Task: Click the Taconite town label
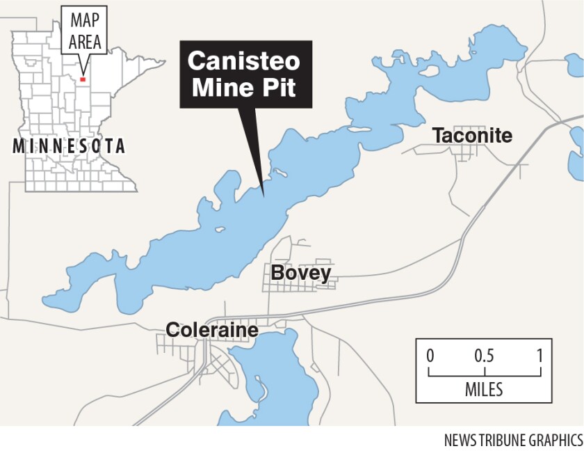pyautogui.click(x=472, y=136)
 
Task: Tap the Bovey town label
pyautogui.click(x=300, y=273)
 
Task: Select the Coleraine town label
pyautogui.click(x=211, y=329)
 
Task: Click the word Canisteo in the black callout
pyautogui.click(x=244, y=62)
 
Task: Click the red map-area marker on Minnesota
pyautogui.click(x=83, y=79)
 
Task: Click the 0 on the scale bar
pyautogui.click(x=430, y=355)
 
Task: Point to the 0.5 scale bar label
pyautogui.click(x=485, y=355)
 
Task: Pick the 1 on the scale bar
pyautogui.click(x=540, y=355)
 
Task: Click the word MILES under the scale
pyautogui.click(x=484, y=388)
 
